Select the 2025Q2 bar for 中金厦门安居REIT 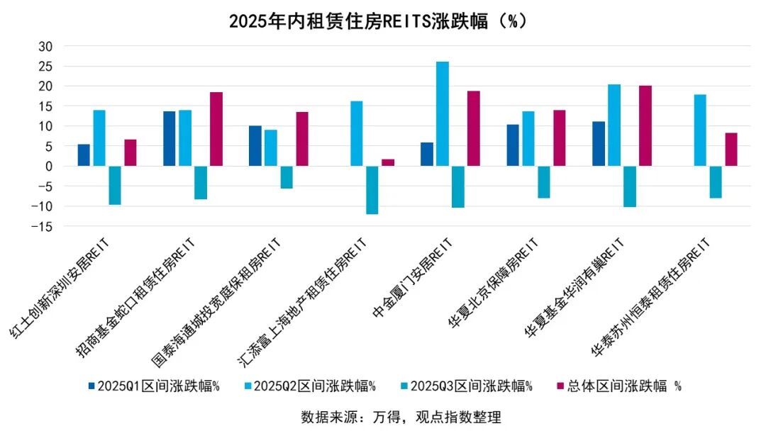[443, 114]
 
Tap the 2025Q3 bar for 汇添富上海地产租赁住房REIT [372, 190]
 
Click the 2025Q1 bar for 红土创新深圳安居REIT [84, 155]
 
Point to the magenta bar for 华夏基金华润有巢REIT [645, 126]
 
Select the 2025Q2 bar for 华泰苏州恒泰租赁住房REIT [700, 130]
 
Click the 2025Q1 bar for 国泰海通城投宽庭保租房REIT [255, 146]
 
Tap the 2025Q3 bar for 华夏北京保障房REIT [544, 182]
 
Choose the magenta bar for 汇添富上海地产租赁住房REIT [388, 162]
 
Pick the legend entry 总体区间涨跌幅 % [618, 386]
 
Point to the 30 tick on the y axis [46, 46]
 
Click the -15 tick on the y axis [44, 226]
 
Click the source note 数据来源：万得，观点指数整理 [401, 417]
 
